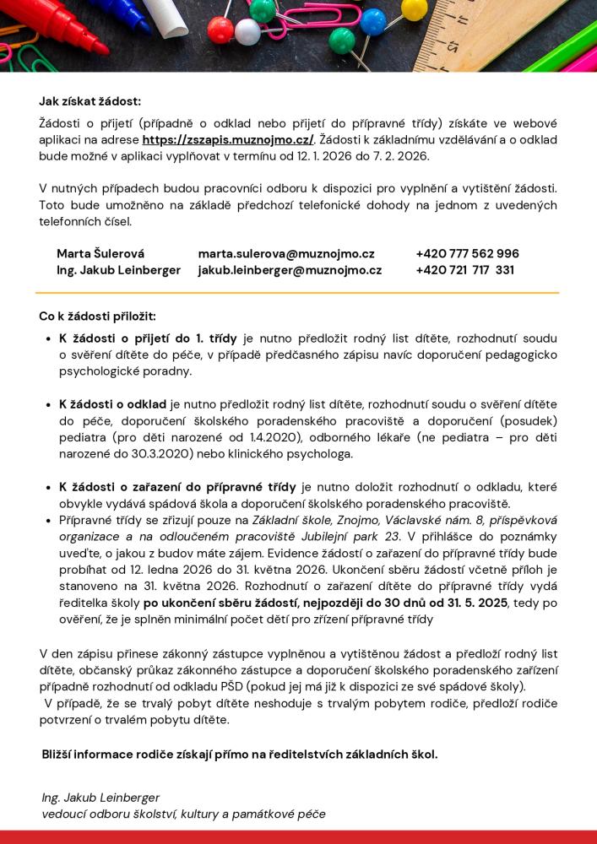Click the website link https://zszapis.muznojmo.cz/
228,140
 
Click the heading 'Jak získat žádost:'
90,101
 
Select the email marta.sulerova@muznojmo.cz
286,253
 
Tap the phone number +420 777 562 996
467,253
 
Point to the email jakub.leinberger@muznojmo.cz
290,270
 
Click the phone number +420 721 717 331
464,270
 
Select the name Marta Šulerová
100,253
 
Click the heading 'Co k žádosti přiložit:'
97,316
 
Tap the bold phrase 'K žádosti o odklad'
112,404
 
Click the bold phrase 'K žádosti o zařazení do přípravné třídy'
177,487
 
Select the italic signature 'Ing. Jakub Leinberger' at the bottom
100,798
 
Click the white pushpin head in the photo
247,31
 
